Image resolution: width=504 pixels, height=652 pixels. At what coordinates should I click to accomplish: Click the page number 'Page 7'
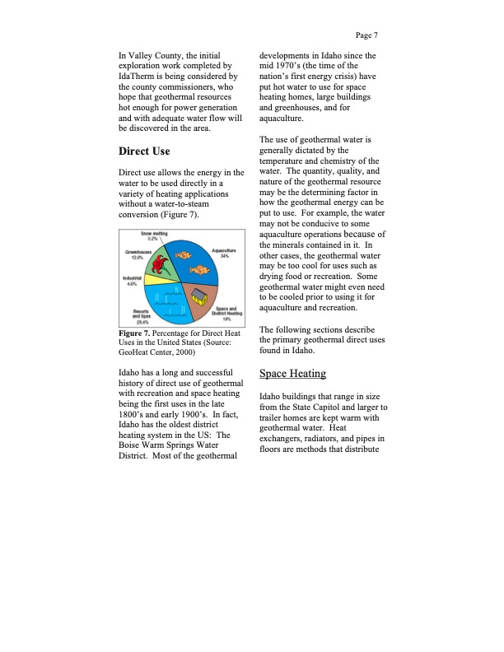click(x=366, y=35)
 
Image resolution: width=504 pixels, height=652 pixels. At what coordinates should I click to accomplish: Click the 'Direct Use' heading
click(x=145, y=151)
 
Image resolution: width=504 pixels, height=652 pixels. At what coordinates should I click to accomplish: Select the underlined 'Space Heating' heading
click(x=292, y=374)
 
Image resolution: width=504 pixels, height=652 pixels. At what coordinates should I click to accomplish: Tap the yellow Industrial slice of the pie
click(x=158, y=281)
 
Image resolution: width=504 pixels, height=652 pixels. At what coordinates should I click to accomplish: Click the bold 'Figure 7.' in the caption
click(x=136, y=331)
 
